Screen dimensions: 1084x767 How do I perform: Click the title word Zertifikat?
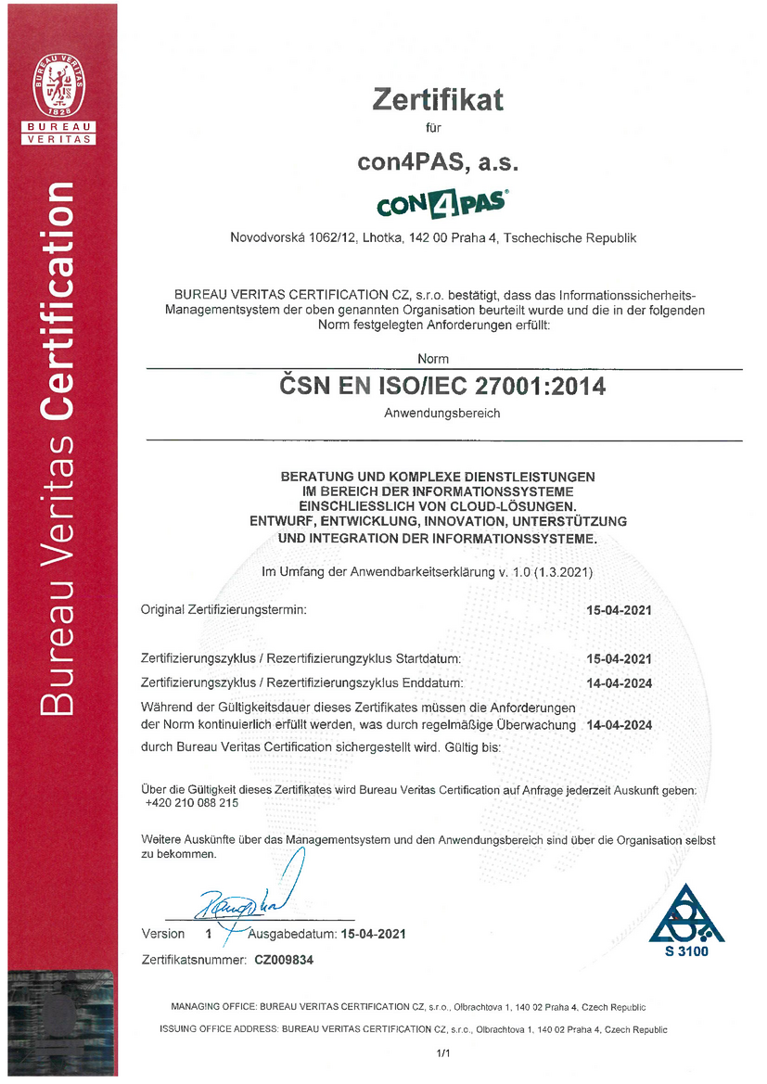click(x=438, y=98)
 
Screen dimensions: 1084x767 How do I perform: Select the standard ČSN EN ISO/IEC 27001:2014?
click(x=443, y=387)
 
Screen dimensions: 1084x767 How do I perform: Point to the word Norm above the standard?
click(x=433, y=358)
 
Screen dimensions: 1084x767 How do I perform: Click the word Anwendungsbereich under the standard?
click(x=442, y=414)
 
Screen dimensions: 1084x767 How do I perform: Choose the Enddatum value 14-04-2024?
click(x=620, y=683)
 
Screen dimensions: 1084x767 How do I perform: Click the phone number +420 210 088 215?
click(x=192, y=803)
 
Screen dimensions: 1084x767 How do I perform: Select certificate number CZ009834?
click(x=284, y=961)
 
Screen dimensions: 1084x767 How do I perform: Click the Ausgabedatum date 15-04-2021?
click(x=373, y=934)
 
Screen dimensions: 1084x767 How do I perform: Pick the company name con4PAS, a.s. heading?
click(x=438, y=162)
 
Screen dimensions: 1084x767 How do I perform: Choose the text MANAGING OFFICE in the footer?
click(x=213, y=1007)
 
